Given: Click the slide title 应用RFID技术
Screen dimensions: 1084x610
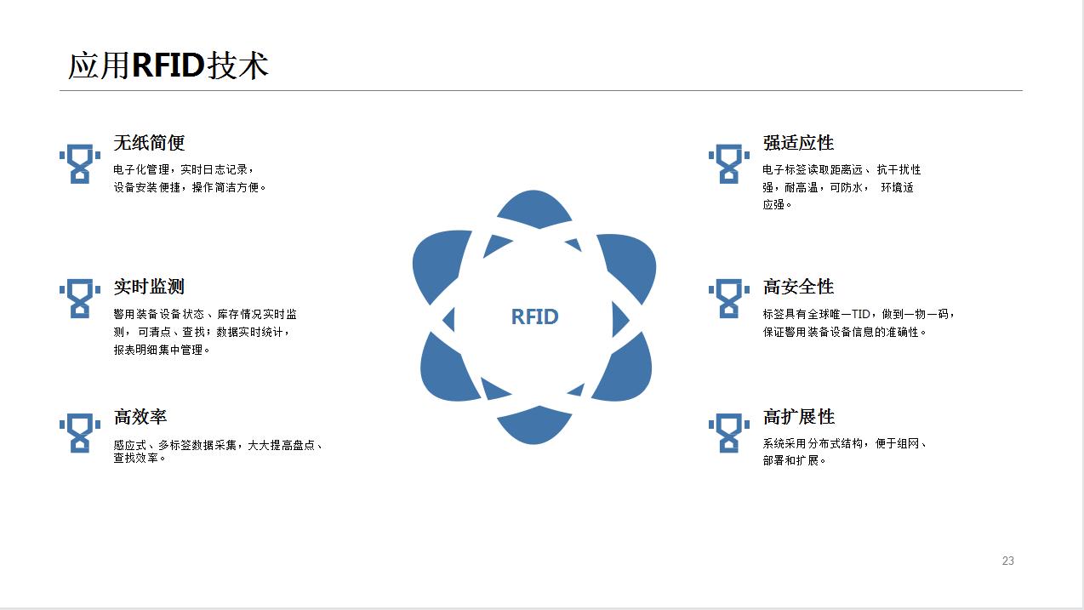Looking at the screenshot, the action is [x=168, y=66].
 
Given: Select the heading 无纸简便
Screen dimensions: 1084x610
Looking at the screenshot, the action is [x=149, y=143].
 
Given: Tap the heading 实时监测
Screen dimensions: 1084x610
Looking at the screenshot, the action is [x=149, y=287].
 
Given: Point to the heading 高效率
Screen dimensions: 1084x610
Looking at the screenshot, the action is [x=140, y=417].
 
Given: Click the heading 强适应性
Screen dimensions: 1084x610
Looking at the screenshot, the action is [x=798, y=143].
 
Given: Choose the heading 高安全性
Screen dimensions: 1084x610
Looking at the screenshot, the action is [x=798, y=287].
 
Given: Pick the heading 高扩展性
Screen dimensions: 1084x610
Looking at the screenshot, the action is [x=798, y=417].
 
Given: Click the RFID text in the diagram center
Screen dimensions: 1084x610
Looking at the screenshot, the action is [x=534, y=316].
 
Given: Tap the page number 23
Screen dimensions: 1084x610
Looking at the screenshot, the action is [x=1008, y=561].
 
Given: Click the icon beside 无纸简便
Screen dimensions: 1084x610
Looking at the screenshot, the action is [x=80, y=164].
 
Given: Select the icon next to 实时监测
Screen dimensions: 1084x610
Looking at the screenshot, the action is [x=80, y=299].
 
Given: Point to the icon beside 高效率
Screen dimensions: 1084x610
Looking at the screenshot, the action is [x=80, y=433].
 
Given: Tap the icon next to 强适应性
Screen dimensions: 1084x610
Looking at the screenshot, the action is [x=729, y=164].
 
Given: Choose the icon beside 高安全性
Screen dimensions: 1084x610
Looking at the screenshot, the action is [x=729, y=299].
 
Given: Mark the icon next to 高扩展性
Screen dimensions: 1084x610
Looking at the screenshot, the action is [x=729, y=433].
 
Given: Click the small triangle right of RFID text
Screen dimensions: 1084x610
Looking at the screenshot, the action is [x=619, y=320].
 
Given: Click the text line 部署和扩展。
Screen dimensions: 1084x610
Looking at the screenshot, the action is [x=794, y=460].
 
